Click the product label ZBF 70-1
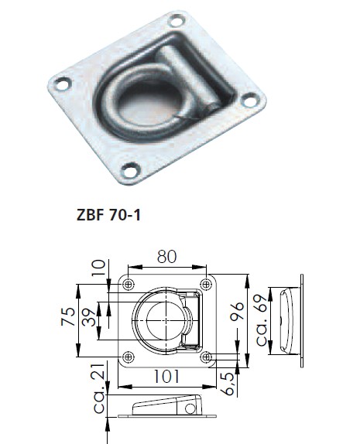pyautogui.click(x=108, y=215)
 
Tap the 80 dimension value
pyautogui.click(x=166, y=257)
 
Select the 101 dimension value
pyautogui.click(x=166, y=377)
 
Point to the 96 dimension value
pyautogui.click(x=237, y=311)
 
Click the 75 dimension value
pyautogui.click(x=68, y=316)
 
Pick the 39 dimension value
pyautogui.click(x=89, y=317)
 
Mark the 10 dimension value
pyautogui.click(x=98, y=268)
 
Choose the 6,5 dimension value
pyautogui.click(x=228, y=384)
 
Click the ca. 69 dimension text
pyautogui.click(x=262, y=320)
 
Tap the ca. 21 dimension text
pyautogui.click(x=100, y=388)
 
